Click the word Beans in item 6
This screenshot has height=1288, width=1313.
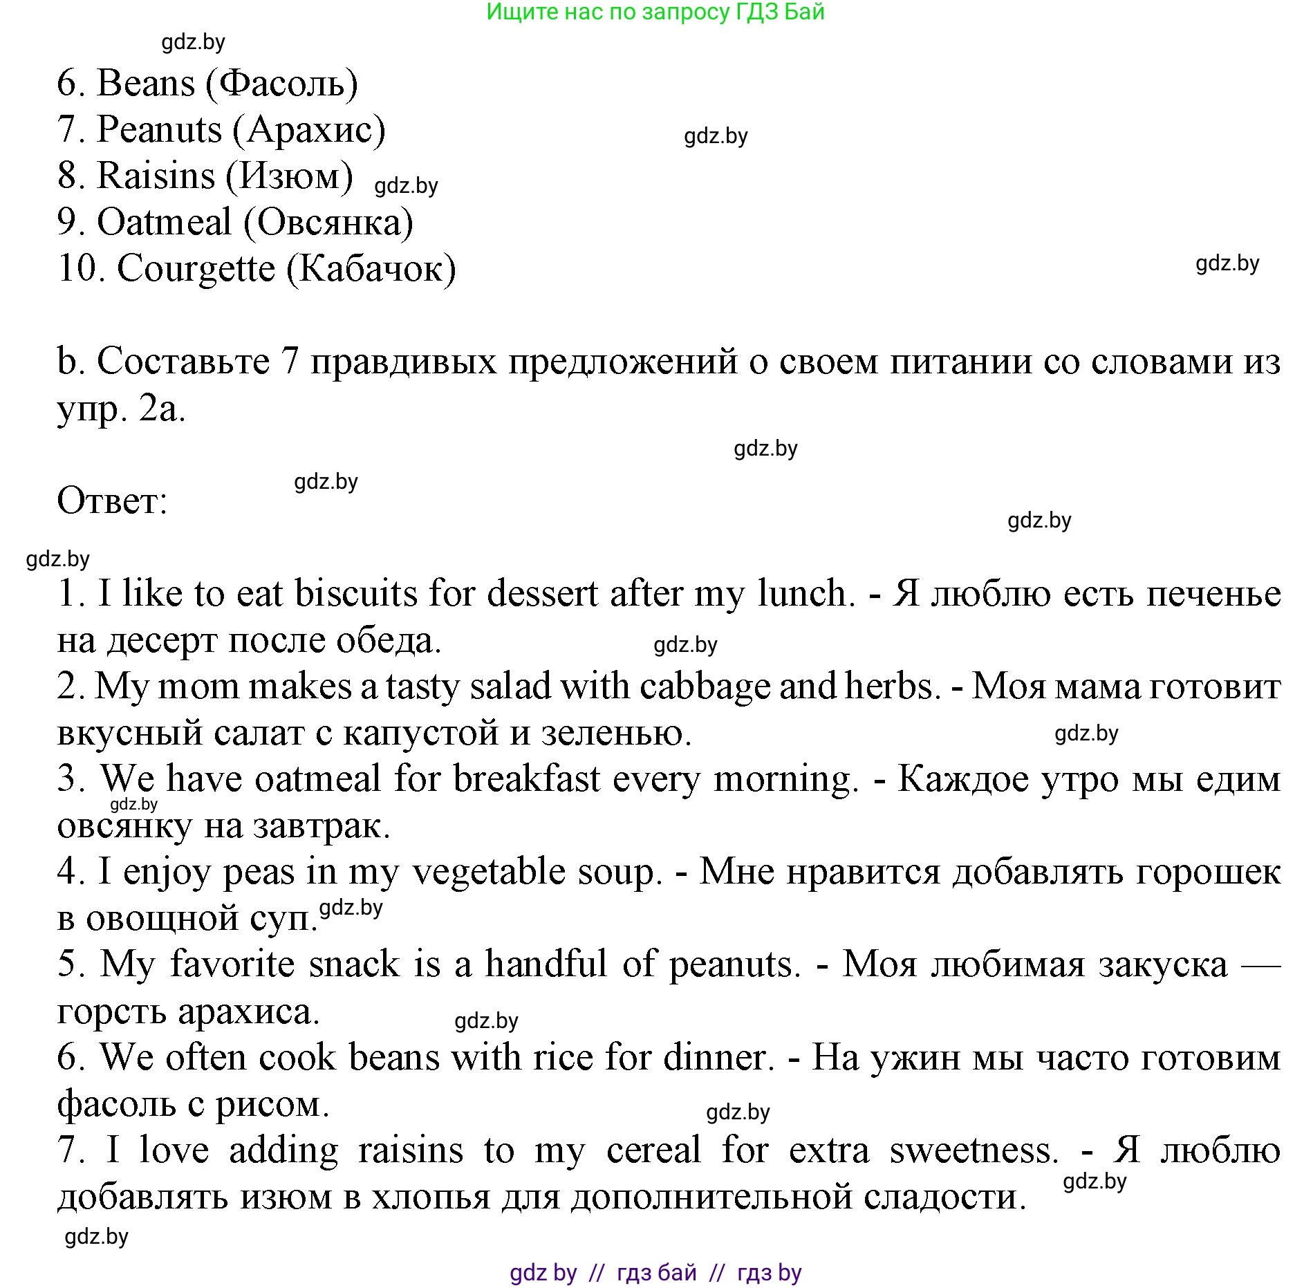point(146,84)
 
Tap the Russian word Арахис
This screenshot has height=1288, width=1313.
point(309,130)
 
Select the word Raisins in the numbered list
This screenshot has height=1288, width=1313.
point(156,176)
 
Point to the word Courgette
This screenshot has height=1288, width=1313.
point(196,268)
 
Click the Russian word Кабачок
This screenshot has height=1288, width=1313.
point(371,268)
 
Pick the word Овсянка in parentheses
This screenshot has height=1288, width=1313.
point(328,223)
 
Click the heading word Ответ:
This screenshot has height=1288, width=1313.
point(112,501)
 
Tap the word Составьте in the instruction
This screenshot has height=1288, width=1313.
point(183,362)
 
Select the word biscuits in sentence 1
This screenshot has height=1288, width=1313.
point(356,594)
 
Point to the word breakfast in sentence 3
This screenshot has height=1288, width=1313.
point(527,779)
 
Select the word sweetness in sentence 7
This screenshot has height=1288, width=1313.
point(974,1150)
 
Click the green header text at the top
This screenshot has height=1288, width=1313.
point(655,12)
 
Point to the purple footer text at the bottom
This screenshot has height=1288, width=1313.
point(655,1273)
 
